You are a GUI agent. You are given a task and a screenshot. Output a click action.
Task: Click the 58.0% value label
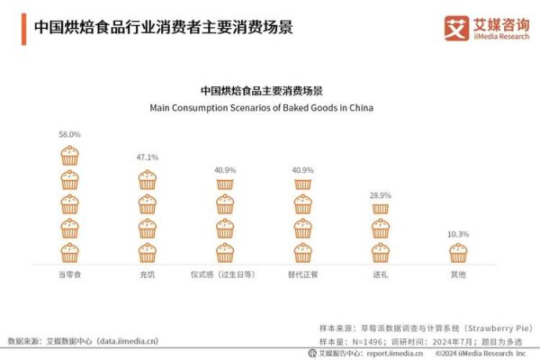(69, 134)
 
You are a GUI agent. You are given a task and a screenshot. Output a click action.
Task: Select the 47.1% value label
(147, 157)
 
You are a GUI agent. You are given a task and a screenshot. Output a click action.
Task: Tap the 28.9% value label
(381, 194)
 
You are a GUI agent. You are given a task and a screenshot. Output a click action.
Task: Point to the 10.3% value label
(458, 234)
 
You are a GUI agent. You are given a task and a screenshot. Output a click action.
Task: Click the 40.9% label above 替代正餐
(303, 170)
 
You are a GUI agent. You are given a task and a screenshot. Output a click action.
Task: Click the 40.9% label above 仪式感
(225, 170)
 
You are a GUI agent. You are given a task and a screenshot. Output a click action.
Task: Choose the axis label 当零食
(69, 274)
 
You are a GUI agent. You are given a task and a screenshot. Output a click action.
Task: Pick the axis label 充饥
(147, 274)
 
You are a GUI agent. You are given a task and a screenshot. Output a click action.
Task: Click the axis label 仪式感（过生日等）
(225, 274)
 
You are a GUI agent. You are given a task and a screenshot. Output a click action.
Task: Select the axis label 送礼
(381, 274)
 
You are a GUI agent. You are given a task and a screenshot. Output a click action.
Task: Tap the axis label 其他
(458, 274)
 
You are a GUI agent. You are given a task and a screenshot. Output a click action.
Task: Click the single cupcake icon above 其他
(458, 253)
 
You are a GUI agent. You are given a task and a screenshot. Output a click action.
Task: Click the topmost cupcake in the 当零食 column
(69, 155)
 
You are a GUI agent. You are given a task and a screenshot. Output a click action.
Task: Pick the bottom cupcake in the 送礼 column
(381, 253)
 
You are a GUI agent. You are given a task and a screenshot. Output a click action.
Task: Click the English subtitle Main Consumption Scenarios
(261, 107)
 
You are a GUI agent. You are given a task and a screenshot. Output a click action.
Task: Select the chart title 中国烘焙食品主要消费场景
(261, 91)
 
